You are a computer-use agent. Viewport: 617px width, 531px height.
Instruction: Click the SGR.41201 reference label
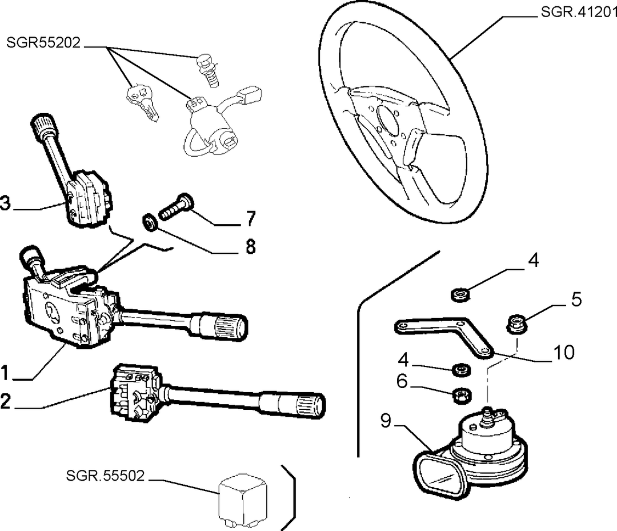coord(578,12)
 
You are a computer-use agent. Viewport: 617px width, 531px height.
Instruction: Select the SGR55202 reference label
coord(43,42)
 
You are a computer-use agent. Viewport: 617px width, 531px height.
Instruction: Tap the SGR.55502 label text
coord(106,476)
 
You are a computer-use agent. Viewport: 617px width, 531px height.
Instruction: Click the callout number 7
coord(251,218)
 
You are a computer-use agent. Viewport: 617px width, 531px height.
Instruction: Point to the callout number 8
coord(251,247)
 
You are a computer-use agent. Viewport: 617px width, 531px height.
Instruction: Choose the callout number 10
coord(564,352)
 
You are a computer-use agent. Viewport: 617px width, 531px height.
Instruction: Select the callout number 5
coord(576,300)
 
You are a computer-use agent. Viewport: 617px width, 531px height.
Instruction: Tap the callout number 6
coord(402,381)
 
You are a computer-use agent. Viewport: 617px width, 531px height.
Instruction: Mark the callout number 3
coord(6,204)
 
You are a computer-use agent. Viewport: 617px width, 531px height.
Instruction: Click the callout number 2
coord(5,401)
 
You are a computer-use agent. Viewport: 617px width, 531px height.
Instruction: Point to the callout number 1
coord(5,373)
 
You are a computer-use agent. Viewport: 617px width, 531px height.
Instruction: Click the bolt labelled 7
coord(177,207)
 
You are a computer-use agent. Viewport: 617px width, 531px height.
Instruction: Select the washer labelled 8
coord(150,223)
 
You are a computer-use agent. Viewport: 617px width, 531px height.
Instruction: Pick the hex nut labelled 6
coord(462,396)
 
